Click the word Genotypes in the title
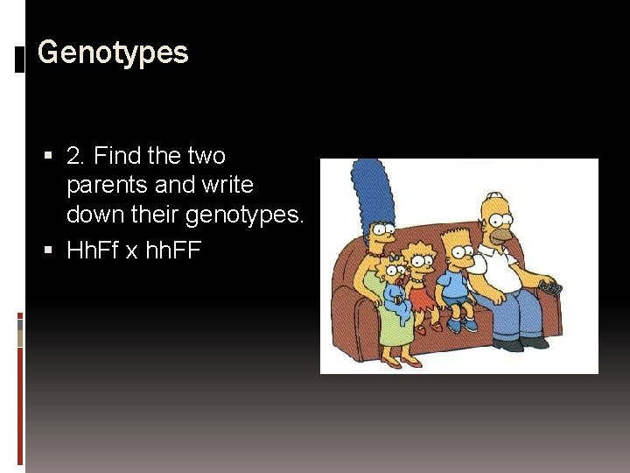click(x=113, y=53)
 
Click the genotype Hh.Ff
click(x=93, y=251)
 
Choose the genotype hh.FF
click(x=172, y=251)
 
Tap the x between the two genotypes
click(x=131, y=252)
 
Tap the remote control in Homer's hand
click(x=550, y=287)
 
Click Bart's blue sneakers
click(x=459, y=325)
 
